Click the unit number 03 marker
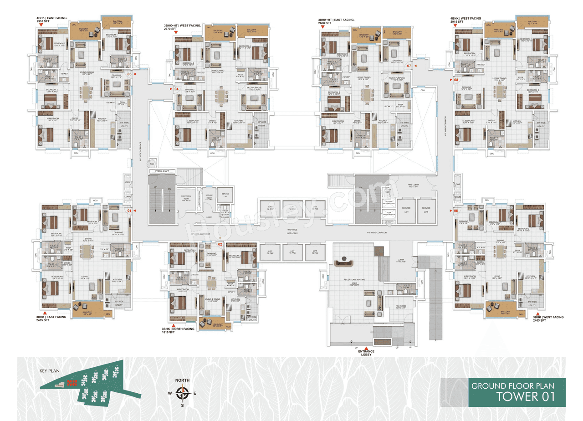[x=129, y=74]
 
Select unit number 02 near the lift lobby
[x=220, y=244]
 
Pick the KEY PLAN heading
[x=49, y=371]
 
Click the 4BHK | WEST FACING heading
[x=465, y=18]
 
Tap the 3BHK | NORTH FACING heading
[x=178, y=329]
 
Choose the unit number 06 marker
[x=455, y=210]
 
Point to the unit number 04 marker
[x=176, y=89]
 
